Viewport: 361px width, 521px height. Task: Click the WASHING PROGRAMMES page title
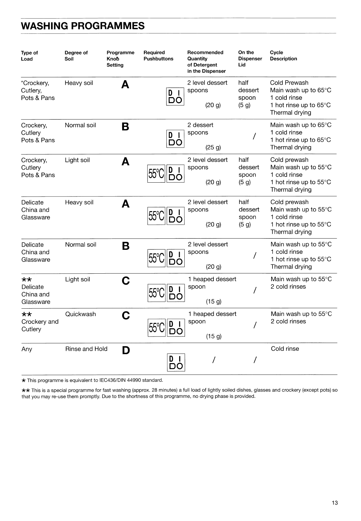click(83, 26)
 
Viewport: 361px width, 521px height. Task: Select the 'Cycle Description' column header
click(283, 56)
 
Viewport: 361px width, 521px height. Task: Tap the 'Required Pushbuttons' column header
click(158, 56)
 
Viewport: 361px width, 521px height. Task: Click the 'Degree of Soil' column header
click(76, 56)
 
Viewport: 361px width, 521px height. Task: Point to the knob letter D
click(126, 350)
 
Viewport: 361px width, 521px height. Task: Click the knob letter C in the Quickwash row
click(126, 316)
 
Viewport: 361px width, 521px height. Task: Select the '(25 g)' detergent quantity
click(213, 147)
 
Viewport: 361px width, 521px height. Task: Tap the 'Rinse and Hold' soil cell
click(86, 349)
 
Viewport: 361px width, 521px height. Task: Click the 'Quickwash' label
click(80, 314)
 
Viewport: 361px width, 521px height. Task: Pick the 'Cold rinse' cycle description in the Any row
click(285, 349)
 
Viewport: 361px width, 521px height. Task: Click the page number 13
click(335, 503)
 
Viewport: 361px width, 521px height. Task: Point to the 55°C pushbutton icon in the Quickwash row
click(156, 328)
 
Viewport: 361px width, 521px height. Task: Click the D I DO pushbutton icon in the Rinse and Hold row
click(176, 363)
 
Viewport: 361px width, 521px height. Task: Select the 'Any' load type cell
click(27, 349)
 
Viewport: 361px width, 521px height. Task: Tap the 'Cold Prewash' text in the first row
click(289, 83)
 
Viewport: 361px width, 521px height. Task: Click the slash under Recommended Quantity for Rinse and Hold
click(213, 360)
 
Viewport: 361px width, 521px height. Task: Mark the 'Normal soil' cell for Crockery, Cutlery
click(80, 125)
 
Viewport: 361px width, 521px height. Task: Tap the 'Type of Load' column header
click(29, 56)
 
